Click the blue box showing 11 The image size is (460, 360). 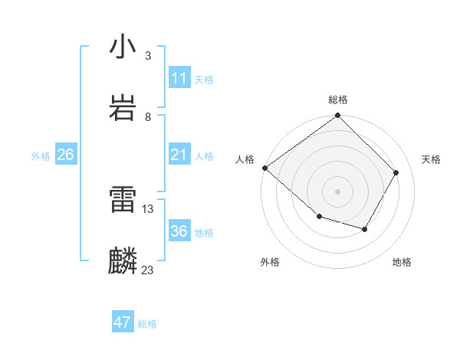[179, 78]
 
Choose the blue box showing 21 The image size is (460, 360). [179, 155]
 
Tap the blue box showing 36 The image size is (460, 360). [179, 232]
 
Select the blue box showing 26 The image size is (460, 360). [65, 155]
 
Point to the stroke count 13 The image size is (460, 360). [148, 208]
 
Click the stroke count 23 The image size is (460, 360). [148, 270]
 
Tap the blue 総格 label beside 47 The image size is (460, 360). [147, 324]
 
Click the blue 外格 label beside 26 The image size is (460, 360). [41, 156]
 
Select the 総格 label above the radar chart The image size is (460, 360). [337, 100]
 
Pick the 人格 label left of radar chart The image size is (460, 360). [245, 159]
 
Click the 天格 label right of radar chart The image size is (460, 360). [432, 159]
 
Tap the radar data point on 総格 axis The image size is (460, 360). [337, 116]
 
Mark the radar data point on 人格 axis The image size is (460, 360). [265, 168]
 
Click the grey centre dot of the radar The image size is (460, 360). [337, 191]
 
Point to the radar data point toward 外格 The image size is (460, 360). [319, 217]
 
